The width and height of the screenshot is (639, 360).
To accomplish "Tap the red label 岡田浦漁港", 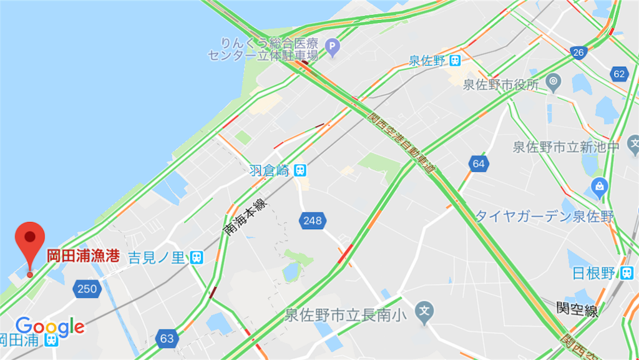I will pos(84,256).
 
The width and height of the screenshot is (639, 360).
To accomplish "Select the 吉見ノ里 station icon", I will pos(197,256).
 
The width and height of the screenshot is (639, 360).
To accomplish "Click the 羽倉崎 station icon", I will pos(301,170).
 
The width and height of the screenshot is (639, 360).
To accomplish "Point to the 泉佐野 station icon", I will pos(456,61).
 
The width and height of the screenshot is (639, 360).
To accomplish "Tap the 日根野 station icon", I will pos(625,273).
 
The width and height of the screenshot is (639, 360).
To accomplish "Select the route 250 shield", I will pos(87,288).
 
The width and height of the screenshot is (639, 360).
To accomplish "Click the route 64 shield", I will pos(479,164).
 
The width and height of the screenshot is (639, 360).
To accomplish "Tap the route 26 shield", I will pos(578,52).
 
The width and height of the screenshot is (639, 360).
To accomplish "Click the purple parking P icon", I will pos(333,46).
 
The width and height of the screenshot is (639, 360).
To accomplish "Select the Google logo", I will pos(50,326).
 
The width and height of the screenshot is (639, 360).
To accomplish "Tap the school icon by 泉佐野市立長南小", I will pos(424,309).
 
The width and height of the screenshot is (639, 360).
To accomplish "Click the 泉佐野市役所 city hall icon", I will pos(553,81).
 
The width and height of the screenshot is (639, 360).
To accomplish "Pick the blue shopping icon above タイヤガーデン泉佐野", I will pos(600,185).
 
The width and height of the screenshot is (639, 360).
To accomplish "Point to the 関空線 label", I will pos(577,308).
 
